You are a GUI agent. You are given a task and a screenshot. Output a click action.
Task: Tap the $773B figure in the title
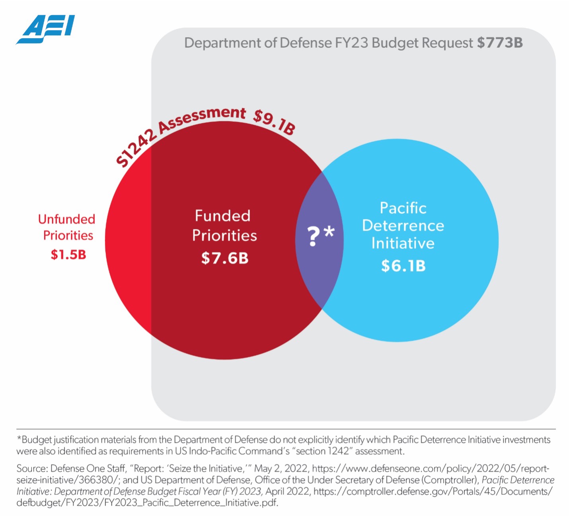pyautogui.click(x=500, y=43)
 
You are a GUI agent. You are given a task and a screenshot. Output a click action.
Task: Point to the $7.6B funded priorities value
pyautogui.click(x=225, y=258)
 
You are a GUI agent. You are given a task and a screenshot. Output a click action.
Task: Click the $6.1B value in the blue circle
pyautogui.click(x=403, y=266)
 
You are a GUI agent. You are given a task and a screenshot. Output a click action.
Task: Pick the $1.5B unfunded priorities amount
pyautogui.click(x=68, y=254)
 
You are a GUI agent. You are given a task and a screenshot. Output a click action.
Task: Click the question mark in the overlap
pyautogui.click(x=314, y=236)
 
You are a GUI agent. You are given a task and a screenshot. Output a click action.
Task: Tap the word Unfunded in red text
pyautogui.click(x=66, y=219)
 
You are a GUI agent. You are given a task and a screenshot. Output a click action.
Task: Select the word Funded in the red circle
pyautogui.click(x=222, y=216)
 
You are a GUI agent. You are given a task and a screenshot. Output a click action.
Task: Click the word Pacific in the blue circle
pyautogui.click(x=403, y=208)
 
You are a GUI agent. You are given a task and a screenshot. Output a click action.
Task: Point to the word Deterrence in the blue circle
pyautogui.click(x=403, y=225)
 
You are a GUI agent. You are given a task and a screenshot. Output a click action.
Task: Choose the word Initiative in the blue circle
pyautogui.click(x=403, y=243)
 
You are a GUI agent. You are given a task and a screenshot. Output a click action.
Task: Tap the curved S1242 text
pyautogui.click(x=135, y=150)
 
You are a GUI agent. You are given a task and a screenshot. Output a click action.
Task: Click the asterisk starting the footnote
pyautogui.click(x=19, y=439)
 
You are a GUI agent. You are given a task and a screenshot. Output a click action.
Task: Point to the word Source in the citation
pyautogui.click(x=31, y=469)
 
